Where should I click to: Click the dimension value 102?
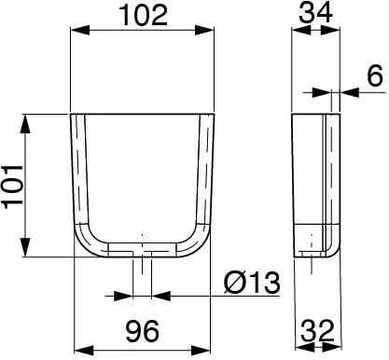143,15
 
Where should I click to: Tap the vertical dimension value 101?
13,187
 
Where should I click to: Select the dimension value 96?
143,331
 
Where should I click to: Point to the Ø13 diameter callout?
252,283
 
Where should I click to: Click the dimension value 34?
315,13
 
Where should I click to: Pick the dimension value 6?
375,76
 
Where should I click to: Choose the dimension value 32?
317,331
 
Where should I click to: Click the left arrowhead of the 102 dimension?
80,30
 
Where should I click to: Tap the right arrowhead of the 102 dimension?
204,30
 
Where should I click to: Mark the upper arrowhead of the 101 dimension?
26,124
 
